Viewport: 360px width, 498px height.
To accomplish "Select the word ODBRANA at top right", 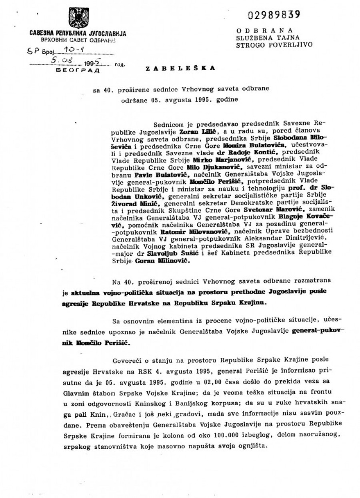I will coord(264,30).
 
